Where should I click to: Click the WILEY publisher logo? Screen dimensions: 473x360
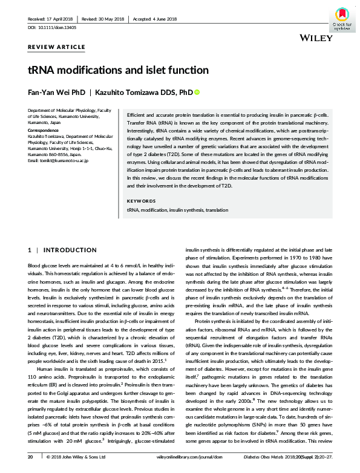click(315, 38)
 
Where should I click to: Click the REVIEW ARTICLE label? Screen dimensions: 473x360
click(57, 47)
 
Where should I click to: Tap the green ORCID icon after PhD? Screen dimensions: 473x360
click(196, 93)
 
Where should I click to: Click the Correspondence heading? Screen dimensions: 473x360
click(45, 130)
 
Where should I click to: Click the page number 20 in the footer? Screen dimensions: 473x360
click(30, 458)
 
